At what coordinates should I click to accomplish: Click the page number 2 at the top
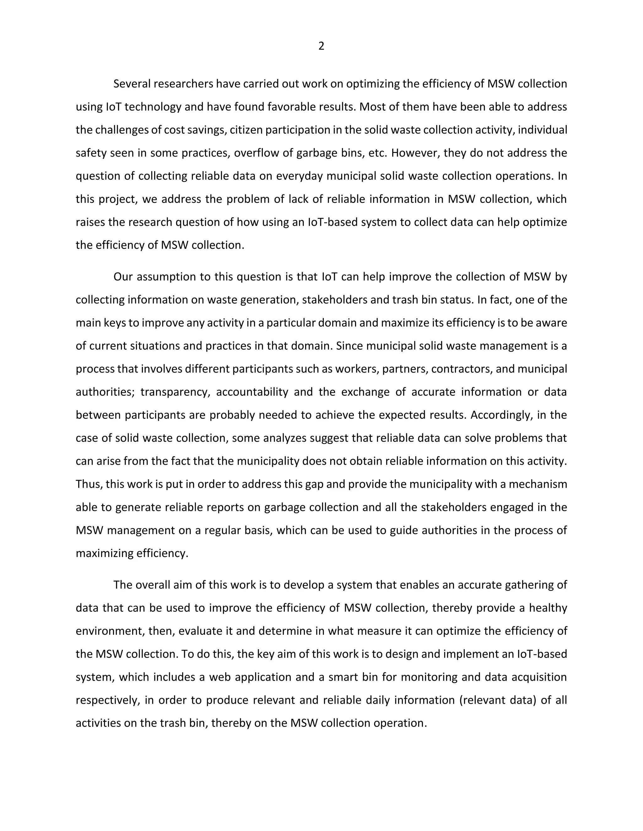click(321, 46)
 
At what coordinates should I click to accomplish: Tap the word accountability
click(252, 392)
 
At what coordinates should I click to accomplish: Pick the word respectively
click(107, 700)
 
